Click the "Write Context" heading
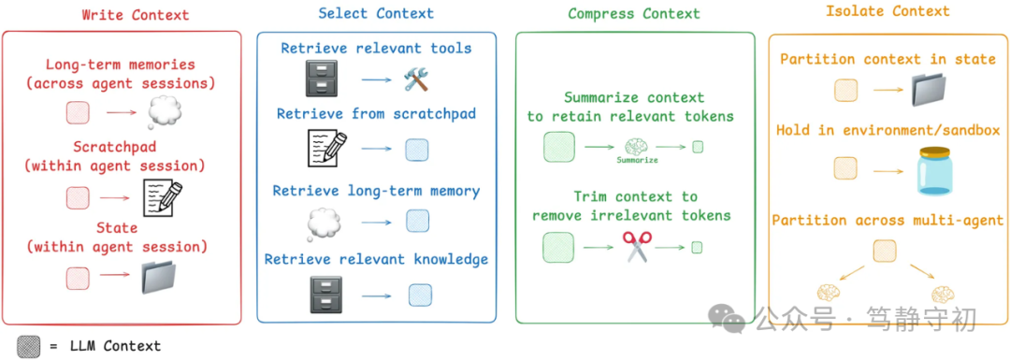click(135, 15)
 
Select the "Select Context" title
click(376, 13)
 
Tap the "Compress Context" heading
click(633, 13)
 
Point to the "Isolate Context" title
click(887, 11)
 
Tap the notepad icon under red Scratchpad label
click(162, 197)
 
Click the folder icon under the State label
click(165, 278)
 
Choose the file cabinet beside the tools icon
click(326, 79)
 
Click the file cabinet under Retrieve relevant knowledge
click(326, 294)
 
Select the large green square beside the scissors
click(559, 248)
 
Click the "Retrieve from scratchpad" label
click(376, 114)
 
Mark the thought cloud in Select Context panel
click(326, 222)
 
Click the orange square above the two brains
click(884, 251)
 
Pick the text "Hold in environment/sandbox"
click(887, 130)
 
